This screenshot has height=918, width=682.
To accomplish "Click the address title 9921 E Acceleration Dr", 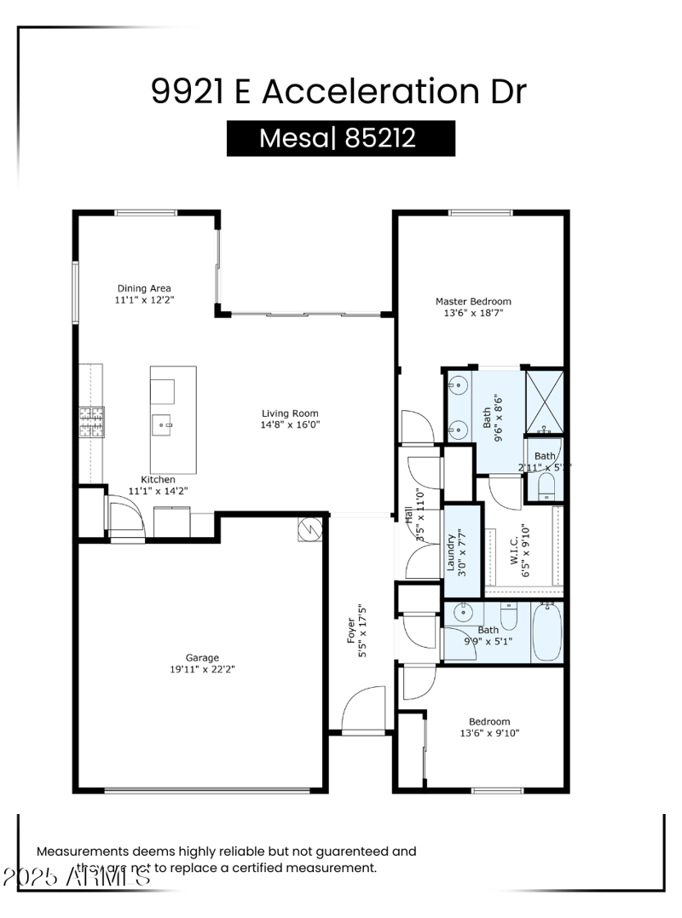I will pos(338,91).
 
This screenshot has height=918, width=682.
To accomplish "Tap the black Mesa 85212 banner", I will pos(340,138).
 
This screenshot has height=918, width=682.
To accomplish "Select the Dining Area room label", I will pos(143,288).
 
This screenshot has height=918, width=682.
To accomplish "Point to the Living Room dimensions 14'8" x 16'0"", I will pos(291,424).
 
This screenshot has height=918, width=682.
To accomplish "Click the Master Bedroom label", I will pos(473,301).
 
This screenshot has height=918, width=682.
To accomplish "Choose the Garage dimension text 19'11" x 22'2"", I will pos(203,669).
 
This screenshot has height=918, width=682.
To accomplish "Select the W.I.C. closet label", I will pos(516,551).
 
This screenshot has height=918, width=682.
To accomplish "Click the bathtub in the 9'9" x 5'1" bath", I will pos(546,632).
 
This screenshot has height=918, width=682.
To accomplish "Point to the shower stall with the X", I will pos(543,400).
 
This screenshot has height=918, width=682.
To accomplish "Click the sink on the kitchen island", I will pos(164,423).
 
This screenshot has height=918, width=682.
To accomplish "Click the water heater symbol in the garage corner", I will pos(308,530).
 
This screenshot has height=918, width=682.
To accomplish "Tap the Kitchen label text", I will pos(158,480).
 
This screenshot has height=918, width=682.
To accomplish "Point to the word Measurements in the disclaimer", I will pos(81,851).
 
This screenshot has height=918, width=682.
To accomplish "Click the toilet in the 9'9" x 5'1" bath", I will pos(509,615).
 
